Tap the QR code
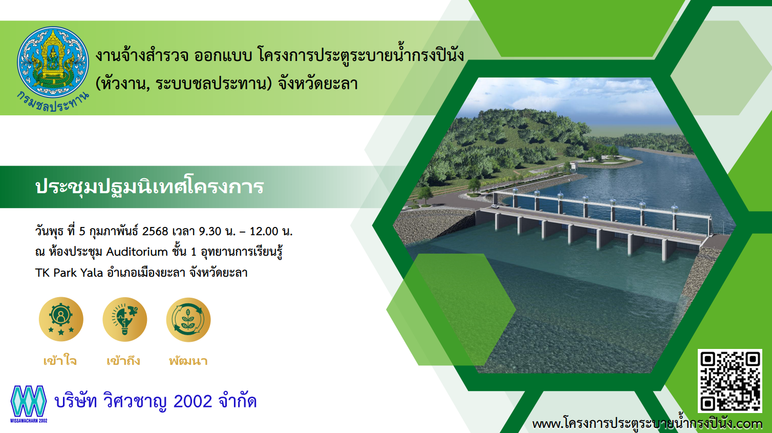pyautogui.click(x=730, y=381)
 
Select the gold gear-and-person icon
pyautogui.click(x=61, y=319)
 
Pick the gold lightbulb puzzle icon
pyautogui.click(x=125, y=319)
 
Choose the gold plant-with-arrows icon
pyautogui.click(x=188, y=319)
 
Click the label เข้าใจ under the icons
pyautogui.click(x=60, y=361)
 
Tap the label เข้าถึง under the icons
pyautogui.click(x=123, y=361)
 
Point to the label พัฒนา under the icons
pyautogui.click(x=188, y=361)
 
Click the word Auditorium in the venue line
pyautogui.click(x=137, y=252)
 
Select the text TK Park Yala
pyautogui.click(x=69, y=273)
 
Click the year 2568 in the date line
pyautogui.click(x=155, y=231)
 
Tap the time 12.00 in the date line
pyautogui.click(x=264, y=231)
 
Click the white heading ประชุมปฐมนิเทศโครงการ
pyautogui.click(x=149, y=187)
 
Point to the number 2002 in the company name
pyautogui.click(x=192, y=402)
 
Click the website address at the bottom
pyautogui.click(x=647, y=423)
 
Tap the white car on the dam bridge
pyautogui.click(x=495, y=207)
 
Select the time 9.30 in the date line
pyautogui.click(x=210, y=231)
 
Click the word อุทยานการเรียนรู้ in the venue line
pyautogui.click(x=242, y=252)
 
